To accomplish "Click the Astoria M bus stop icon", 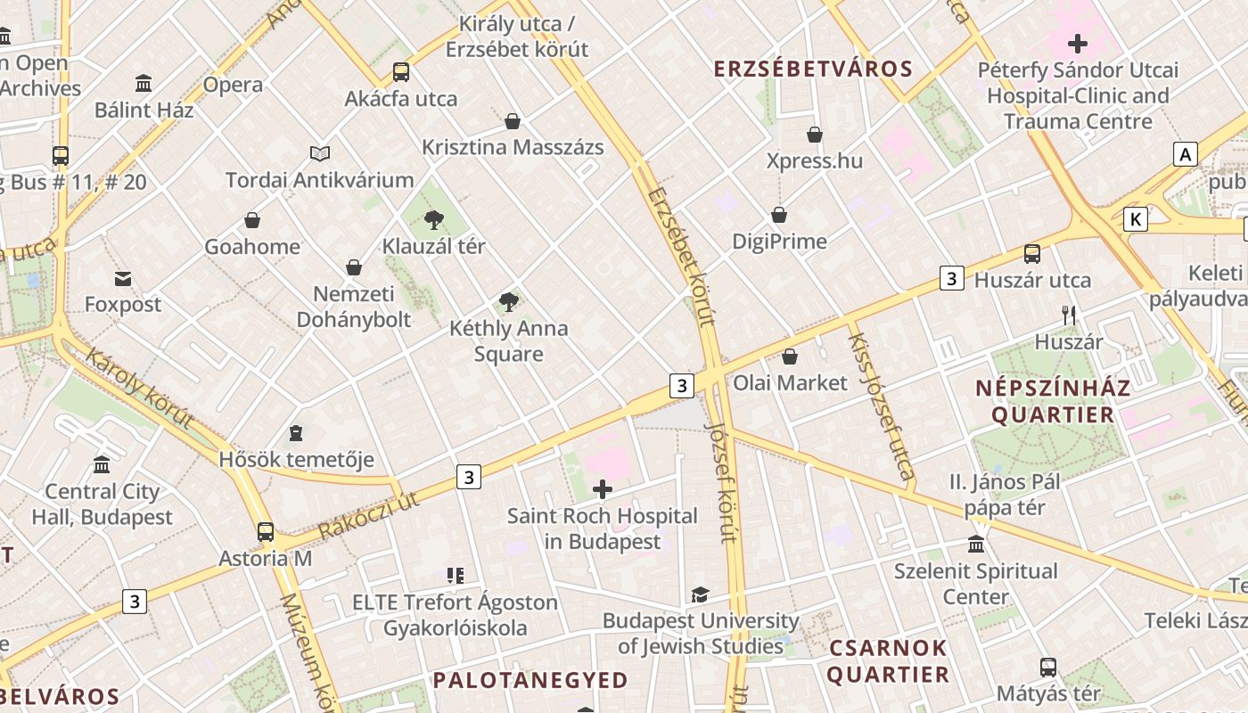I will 266,532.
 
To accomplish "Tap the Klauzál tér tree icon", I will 434,219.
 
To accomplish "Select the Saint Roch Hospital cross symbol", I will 603,489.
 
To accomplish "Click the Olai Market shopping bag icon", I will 790,357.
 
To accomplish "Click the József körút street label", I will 720,481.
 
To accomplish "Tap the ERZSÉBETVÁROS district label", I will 813,70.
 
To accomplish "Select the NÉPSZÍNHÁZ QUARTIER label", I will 1053,401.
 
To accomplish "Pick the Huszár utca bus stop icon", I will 1032,254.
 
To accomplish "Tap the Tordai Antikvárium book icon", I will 319,154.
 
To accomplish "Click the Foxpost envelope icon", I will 123,279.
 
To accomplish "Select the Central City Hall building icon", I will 102,465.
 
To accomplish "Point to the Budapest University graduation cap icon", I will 701,594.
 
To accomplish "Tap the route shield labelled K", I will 1135,219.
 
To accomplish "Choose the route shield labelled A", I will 1185,154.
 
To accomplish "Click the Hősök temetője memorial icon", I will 296,434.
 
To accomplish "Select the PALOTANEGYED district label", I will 530,681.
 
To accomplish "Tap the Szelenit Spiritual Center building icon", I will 976,545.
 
